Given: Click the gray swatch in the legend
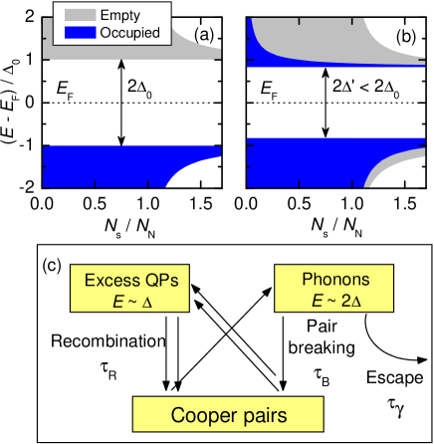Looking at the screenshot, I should click(80, 15).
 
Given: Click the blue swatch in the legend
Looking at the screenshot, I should click(80, 33).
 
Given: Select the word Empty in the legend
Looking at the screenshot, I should click(120, 15).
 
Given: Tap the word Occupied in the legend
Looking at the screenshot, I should click(130, 33).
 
